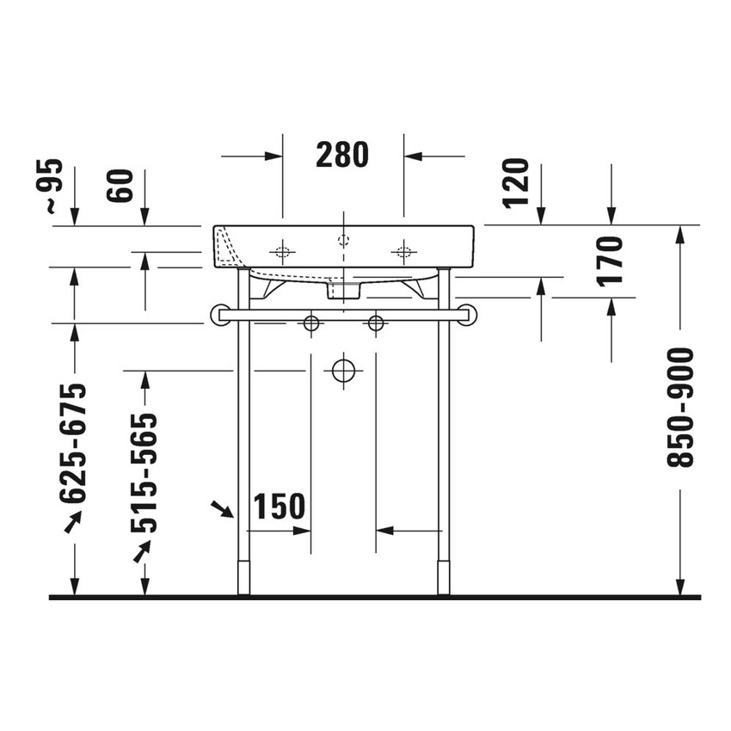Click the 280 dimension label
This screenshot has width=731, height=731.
[342, 155]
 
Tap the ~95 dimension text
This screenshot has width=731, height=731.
[53, 186]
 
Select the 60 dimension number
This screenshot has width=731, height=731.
[121, 186]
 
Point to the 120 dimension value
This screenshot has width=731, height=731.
[516, 182]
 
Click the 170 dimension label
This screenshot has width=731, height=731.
[609, 260]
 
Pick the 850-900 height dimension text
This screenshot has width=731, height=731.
[680, 408]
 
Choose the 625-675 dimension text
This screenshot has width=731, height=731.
[75, 442]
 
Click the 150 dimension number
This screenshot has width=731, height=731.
[279, 507]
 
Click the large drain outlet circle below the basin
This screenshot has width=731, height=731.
[343, 372]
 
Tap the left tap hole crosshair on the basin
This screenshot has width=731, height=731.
[282, 252]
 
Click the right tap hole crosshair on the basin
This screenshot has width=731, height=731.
[402, 252]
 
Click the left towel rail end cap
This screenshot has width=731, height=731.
[217, 315]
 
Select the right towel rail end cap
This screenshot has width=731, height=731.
[470, 315]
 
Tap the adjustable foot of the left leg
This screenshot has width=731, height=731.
[243, 578]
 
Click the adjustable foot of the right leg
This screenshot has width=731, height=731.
[444, 578]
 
